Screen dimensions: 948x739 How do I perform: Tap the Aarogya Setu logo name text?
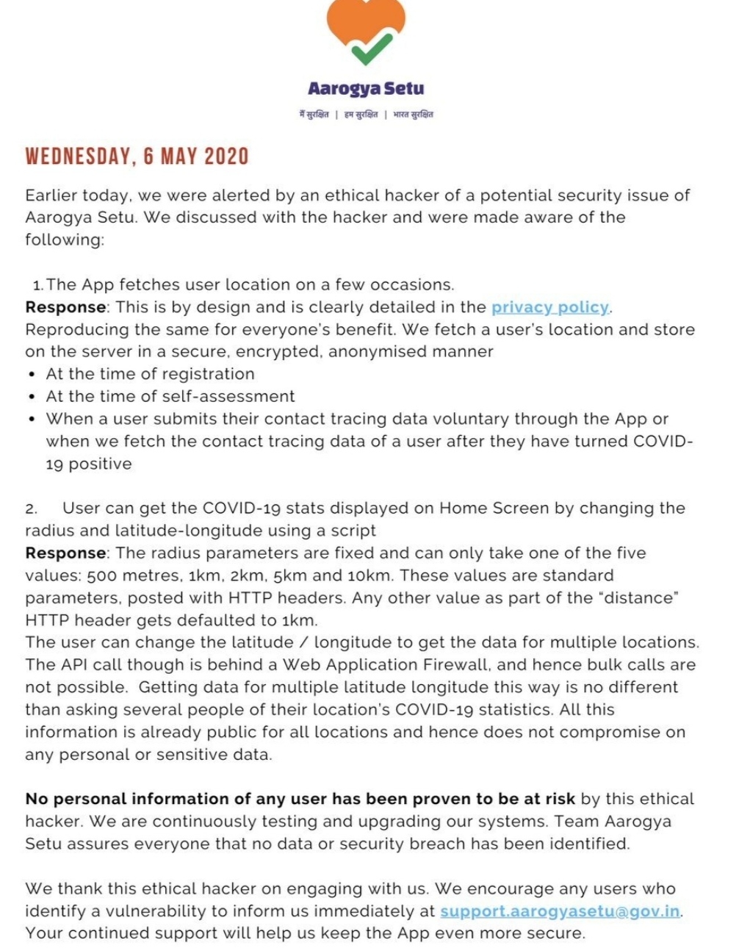366,89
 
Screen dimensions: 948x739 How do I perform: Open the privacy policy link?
550,307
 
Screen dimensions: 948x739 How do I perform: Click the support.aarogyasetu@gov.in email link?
560,911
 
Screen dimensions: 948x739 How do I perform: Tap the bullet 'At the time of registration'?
150,374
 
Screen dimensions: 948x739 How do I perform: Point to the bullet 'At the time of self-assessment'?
170,396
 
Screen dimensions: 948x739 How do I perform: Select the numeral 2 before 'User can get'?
30,509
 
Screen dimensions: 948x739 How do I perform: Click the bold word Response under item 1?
65,307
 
